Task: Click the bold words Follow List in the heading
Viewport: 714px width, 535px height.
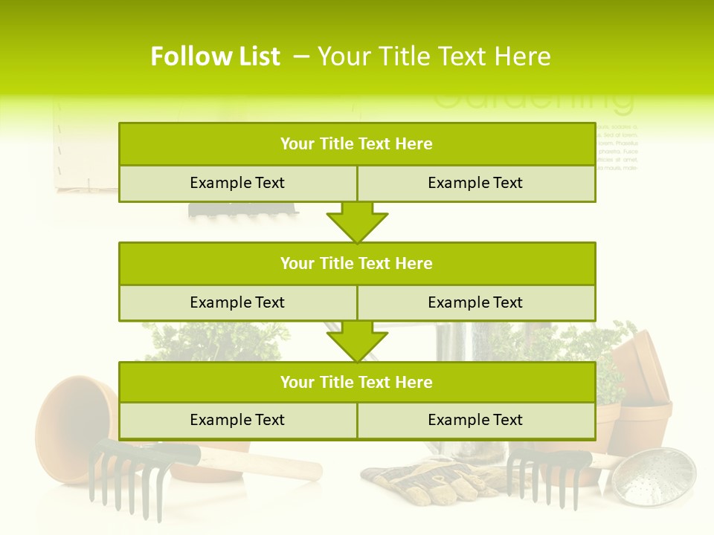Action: (216, 56)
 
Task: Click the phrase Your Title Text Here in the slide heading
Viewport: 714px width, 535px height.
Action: (434, 56)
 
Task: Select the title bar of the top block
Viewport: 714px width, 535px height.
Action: (357, 144)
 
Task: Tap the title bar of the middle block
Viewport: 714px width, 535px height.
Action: (357, 263)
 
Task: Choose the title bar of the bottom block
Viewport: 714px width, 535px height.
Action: (357, 382)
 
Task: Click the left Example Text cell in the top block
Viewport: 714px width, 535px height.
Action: (237, 183)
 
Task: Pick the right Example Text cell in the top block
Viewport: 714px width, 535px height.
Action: (476, 183)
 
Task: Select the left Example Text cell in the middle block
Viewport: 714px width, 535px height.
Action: (237, 302)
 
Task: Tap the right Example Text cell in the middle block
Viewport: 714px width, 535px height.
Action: (476, 302)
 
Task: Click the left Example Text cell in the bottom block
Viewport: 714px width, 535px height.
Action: (237, 420)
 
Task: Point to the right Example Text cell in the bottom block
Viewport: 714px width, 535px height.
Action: (476, 420)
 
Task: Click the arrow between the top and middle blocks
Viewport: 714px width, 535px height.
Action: (357, 222)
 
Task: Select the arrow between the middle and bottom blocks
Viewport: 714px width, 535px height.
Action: (357, 341)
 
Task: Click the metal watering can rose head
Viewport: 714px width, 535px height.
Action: (658, 476)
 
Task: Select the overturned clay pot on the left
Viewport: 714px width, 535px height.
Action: (74, 420)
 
